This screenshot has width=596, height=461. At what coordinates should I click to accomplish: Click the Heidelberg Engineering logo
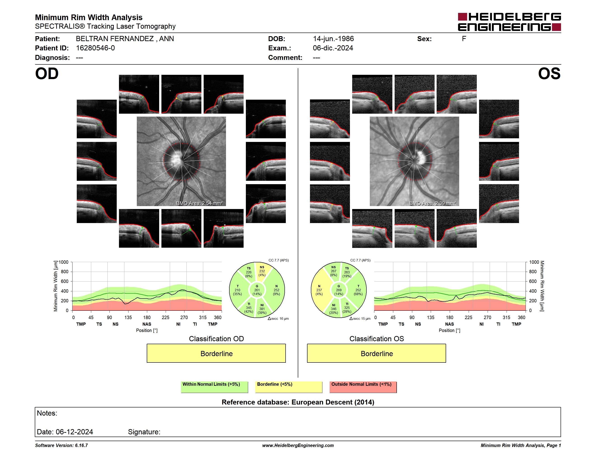click(x=509, y=22)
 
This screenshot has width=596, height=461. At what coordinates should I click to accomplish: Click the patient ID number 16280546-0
click(x=95, y=48)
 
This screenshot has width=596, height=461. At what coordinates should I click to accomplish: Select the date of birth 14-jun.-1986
click(x=333, y=39)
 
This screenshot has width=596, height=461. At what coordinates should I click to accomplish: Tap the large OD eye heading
click(x=47, y=73)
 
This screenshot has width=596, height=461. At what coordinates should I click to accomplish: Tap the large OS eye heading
click(x=549, y=73)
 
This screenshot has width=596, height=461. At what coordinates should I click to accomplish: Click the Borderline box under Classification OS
click(x=376, y=353)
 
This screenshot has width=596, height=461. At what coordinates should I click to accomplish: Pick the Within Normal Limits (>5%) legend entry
click(x=214, y=387)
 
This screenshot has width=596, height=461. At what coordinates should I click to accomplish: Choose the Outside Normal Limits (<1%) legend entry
click(x=363, y=387)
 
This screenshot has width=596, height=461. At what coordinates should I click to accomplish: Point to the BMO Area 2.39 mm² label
click(x=433, y=203)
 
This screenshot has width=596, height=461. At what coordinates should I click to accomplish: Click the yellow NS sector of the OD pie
click(x=263, y=272)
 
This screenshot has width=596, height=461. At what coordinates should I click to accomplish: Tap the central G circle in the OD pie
click(x=257, y=290)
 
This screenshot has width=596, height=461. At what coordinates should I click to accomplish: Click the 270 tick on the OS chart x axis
click(x=487, y=317)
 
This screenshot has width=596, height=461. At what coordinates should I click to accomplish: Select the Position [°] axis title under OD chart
click(x=147, y=330)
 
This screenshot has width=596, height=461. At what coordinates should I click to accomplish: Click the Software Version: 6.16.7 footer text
click(x=61, y=445)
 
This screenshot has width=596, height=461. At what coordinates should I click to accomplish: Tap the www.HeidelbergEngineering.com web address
click(x=298, y=445)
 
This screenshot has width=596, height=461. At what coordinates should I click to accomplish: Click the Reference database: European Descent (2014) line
click(x=298, y=402)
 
